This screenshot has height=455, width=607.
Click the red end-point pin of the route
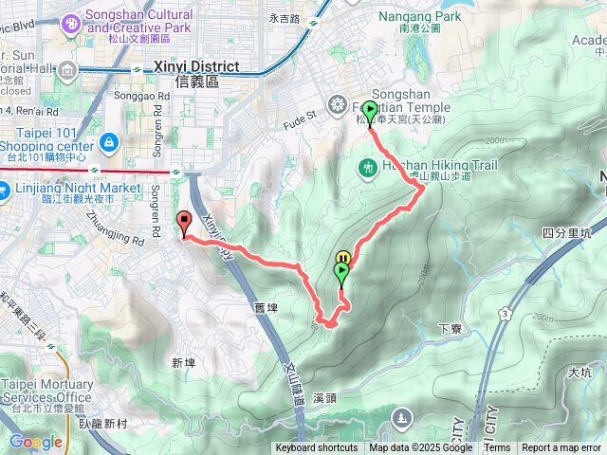pyautogui.click(x=184, y=223)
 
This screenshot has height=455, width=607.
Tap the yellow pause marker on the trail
pyautogui.click(x=343, y=257)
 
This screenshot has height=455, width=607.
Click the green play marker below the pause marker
pyautogui.click(x=340, y=272)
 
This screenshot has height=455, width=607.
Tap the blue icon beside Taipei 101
pyautogui.click(x=109, y=142)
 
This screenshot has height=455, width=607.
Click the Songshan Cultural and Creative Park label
pyautogui.click(x=138, y=22)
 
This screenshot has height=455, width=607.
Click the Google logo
pyautogui.click(x=35, y=442)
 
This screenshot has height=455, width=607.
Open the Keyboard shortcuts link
pyautogui.click(x=317, y=448)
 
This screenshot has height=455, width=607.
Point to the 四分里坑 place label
pyautogui.click(x=565, y=232)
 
